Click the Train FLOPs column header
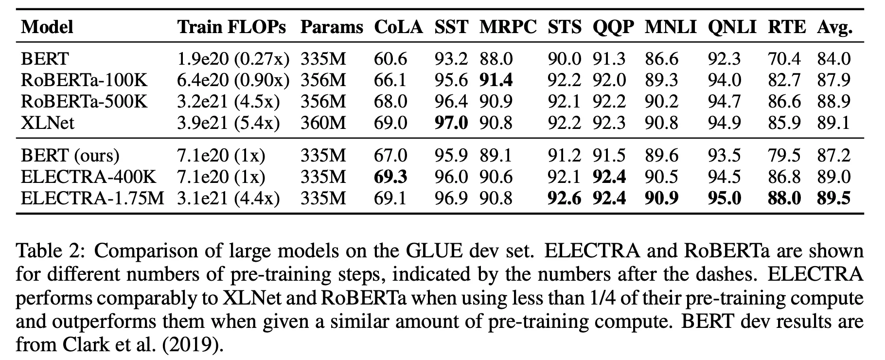(x=231, y=27)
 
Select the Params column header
(x=332, y=27)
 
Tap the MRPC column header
(x=508, y=27)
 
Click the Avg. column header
(x=834, y=27)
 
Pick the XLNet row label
(x=48, y=123)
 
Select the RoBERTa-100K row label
(x=84, y=80)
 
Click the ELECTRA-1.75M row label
(x=92, y=198)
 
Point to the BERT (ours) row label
(x=70, y=155)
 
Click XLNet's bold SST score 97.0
(x=451, y=123)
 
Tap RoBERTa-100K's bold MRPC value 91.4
(x=496, y=80)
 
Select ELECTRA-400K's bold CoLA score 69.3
(x=390, y=177)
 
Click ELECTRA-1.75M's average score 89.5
(x=834, y=198)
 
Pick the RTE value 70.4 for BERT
(x=784, y=59)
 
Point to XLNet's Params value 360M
(x=323, y=123)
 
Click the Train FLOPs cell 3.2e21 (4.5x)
(x=229, y=102)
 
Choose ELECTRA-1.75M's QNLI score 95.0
(x=725, y=198)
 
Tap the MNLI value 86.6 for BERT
(x=661, y=59)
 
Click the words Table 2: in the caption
(x=52, y=252)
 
